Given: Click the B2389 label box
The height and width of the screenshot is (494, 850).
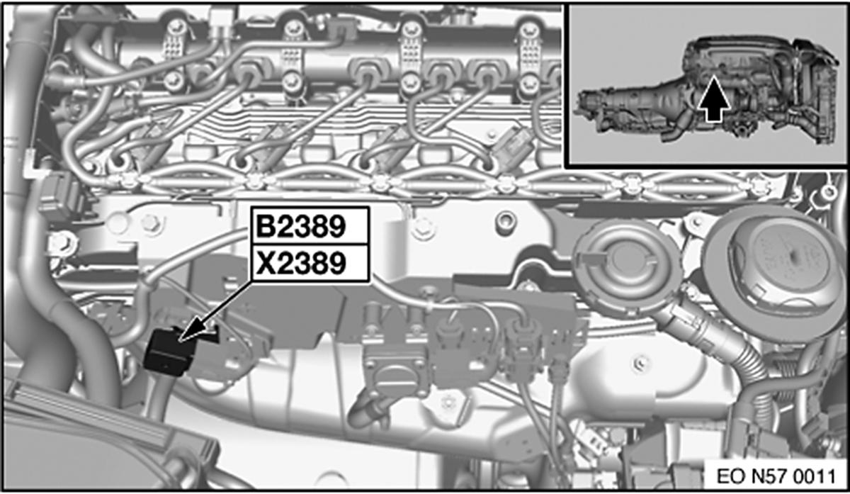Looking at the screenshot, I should tap(309, 226).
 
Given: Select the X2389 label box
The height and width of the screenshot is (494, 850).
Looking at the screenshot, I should tap(309, 264).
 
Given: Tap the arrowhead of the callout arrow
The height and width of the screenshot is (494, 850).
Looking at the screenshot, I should tap(186, 336).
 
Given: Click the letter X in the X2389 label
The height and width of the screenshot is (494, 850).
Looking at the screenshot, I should tap(265, 264).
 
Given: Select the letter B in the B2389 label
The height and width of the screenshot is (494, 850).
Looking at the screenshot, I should tap(265, 226).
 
